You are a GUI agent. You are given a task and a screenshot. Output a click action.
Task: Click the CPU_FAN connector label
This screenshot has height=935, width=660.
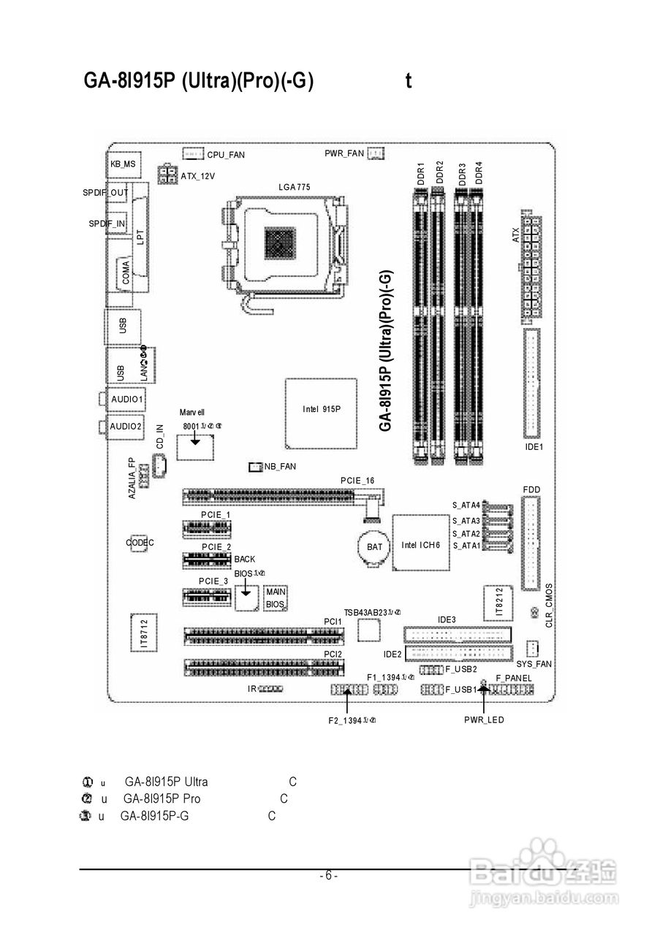pyautogui.click(x=226, y=155)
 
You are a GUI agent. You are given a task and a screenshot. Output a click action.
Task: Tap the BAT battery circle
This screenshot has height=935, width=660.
pyautogui.click(x=374, y=546)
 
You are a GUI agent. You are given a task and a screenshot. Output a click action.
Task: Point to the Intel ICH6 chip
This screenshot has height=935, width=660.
pyautogui.click(x=421, y=545)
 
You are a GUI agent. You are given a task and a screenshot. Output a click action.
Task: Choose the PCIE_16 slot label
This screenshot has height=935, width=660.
pyautogui.click(x=357, y=480)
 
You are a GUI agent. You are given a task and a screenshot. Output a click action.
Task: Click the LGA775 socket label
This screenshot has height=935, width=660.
pyautogui.click(x=295, y=187)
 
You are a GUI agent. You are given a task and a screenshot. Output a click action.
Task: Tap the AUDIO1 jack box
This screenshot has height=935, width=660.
pyautogui.click(x=126, y=400)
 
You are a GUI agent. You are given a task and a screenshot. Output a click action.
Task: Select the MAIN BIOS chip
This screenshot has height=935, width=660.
pyautogui.click(x=275, y=598)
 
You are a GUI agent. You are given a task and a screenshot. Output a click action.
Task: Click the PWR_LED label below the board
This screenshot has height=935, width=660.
pyautogui.click(x=484, y=720)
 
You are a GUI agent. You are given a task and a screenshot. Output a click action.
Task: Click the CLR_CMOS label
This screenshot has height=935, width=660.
pyautogui.click(x=549, y=606)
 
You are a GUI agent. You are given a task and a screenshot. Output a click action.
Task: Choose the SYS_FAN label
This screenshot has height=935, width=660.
pyautogui.click(x=534, y=664)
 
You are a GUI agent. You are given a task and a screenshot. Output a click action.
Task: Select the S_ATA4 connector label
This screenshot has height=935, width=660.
pyautogui.click(x=466, y=505)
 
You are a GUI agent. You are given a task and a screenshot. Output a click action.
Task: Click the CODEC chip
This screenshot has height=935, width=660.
pyautogui.click(x=140, y=543)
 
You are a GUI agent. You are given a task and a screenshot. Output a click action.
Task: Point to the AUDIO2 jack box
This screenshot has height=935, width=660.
pyautogui.click(x=126, y=426)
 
